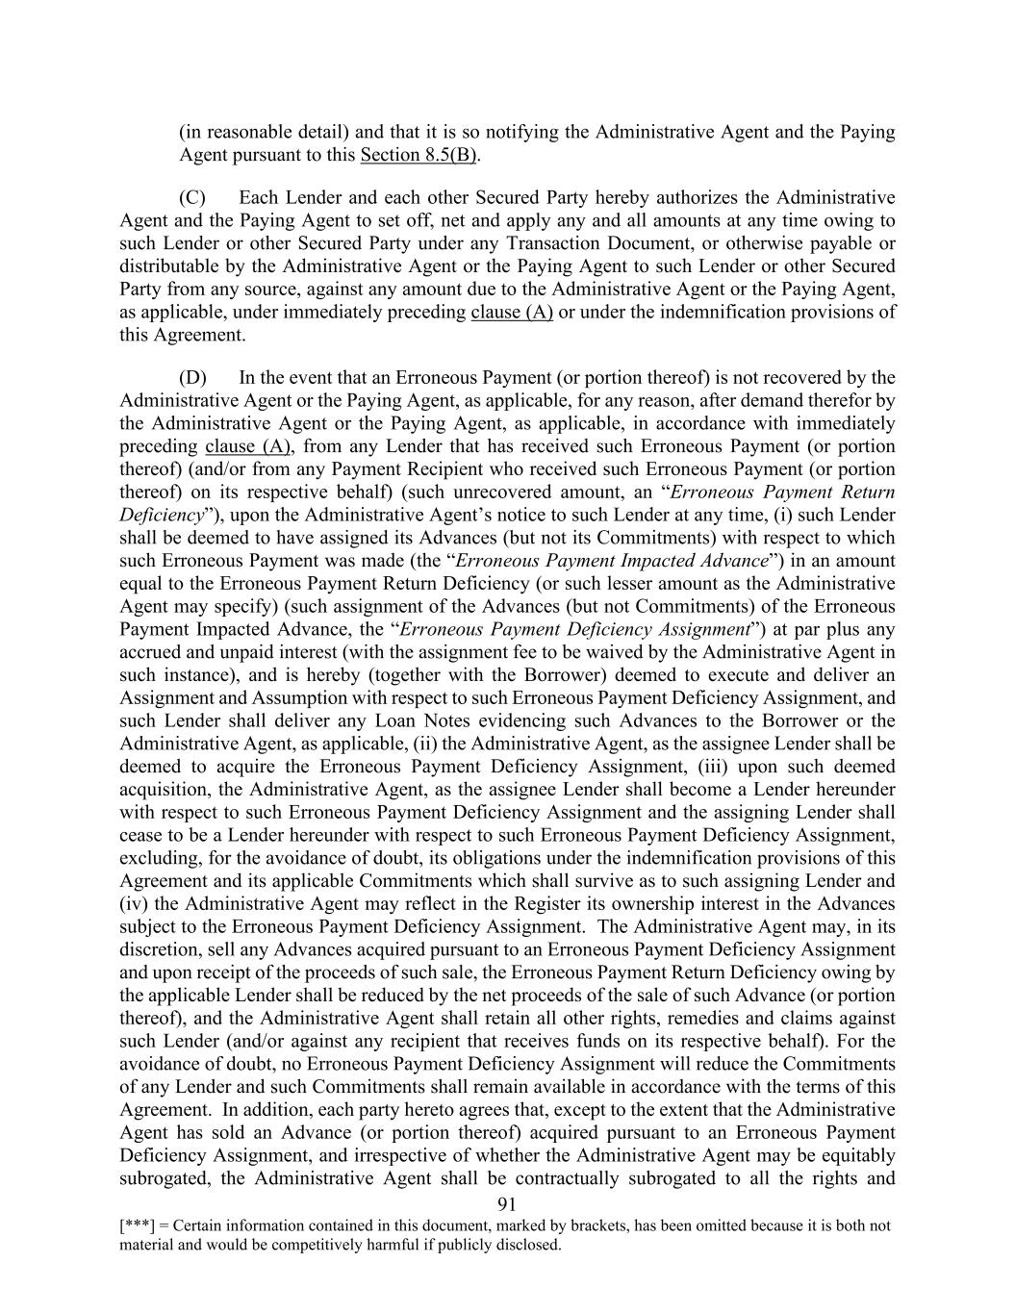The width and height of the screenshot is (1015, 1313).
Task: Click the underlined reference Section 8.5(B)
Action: coord(419,155)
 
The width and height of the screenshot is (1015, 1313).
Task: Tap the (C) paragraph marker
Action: coord(192,198)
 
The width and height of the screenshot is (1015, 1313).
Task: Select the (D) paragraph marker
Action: coord(192,378)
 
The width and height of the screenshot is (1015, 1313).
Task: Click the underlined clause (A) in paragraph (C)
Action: coord(512,313)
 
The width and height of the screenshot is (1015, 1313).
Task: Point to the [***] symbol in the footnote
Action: coord(137,1226)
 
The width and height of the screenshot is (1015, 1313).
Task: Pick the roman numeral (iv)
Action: coord(133,904)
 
